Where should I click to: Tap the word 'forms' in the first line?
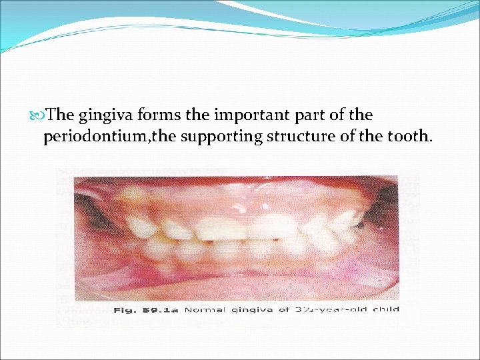click(x=158, y=115)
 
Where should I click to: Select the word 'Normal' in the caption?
click(x=205, y=309)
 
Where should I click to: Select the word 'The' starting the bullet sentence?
click(x=61, y=115)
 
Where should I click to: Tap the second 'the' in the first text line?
click(x=197, y=115)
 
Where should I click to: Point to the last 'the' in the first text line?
click(x=360, y=115)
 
